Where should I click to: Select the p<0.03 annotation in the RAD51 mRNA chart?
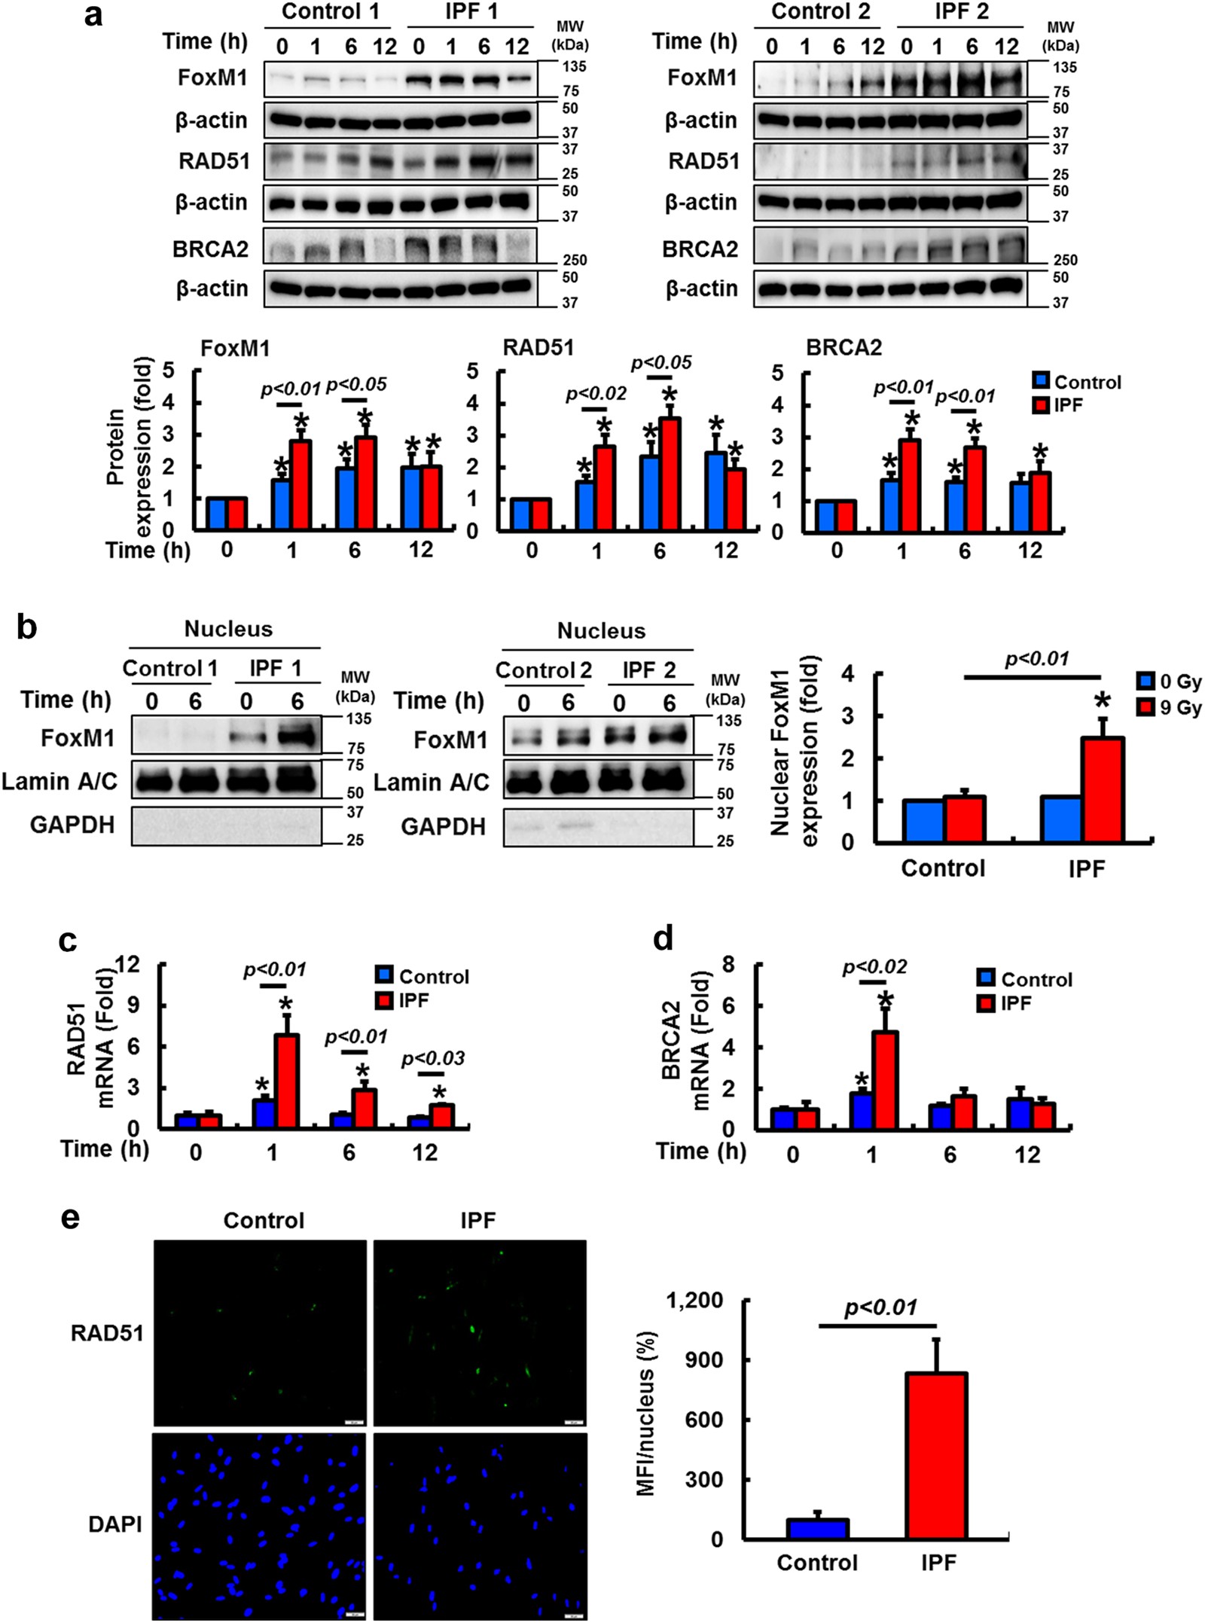432,1058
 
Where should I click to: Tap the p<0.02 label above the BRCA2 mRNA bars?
874,966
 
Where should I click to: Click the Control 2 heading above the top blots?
820,12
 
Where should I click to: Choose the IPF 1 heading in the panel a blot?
471,12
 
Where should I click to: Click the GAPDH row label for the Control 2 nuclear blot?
443,827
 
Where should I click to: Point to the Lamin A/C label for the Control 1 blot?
59,782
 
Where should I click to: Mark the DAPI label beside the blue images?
114,1524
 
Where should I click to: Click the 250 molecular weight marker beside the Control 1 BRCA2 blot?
575,260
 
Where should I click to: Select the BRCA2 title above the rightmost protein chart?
843,347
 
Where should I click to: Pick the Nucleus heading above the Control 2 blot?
601,631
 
